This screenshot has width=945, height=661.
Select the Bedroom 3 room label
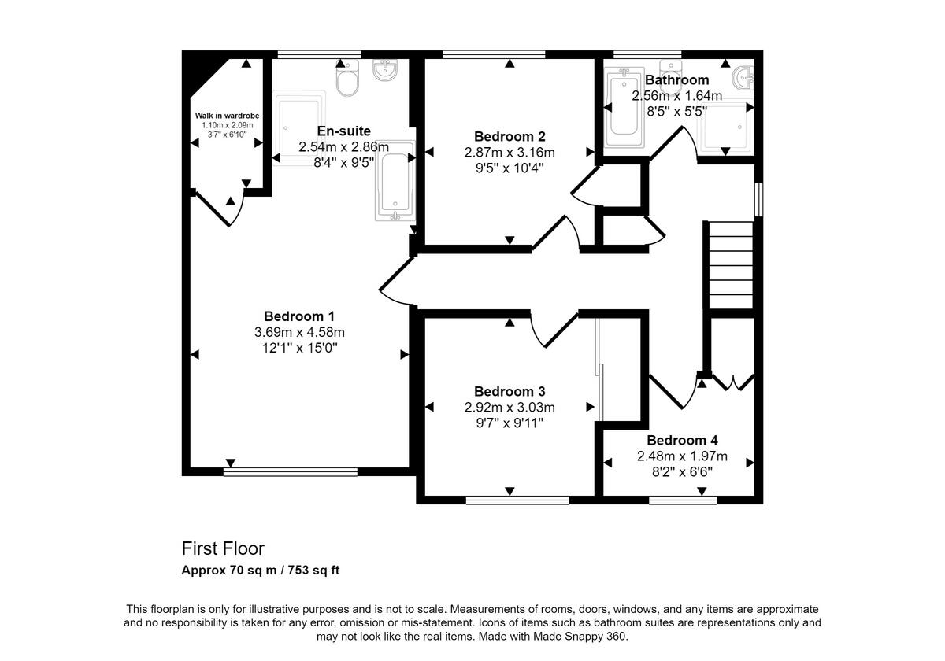click(x=510, y=391)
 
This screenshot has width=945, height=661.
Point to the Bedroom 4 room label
click(x=682, y=441)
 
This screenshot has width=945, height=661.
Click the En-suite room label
click(x=343, y=131)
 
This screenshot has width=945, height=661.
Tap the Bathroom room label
click(x=676, y=80)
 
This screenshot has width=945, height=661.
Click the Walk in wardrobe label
click(x=227, y=116)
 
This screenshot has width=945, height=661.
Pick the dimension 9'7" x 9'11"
click(x=510, y=423)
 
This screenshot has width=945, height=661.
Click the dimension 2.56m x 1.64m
click(x=676, y=96)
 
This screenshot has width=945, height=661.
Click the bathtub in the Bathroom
click(x=624, y=110)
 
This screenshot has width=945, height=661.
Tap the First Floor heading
click(x=223, y=548)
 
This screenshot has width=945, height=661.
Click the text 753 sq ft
click(x=313, y=571)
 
